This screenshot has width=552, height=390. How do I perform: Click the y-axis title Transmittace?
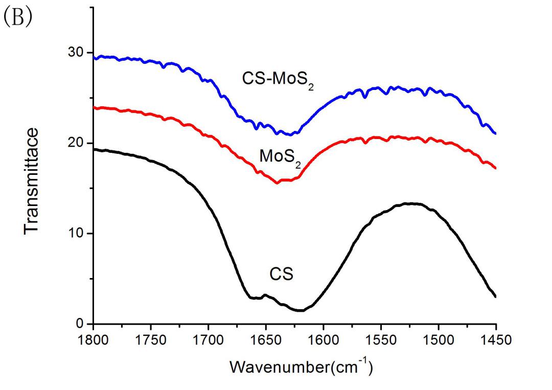[x=32, y=181]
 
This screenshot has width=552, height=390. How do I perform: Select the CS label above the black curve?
[x=282, y=274]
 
